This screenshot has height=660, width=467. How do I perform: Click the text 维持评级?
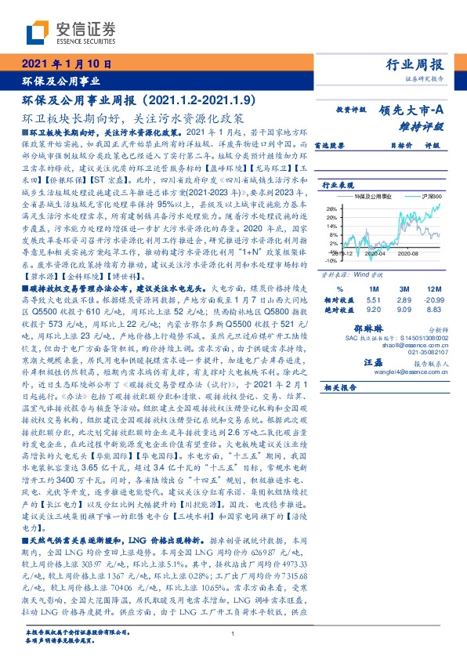(x=420, y=125)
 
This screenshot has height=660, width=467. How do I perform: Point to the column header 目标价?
(x=380, y=145)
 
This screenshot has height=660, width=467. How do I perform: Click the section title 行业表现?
(x=336, y=185)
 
